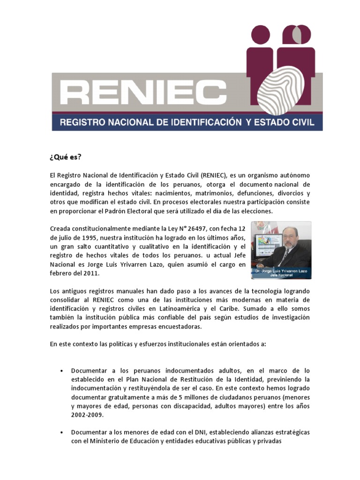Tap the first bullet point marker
[62, 371]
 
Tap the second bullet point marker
[62, 432]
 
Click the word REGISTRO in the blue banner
[80, 123]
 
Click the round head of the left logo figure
[261, 35]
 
